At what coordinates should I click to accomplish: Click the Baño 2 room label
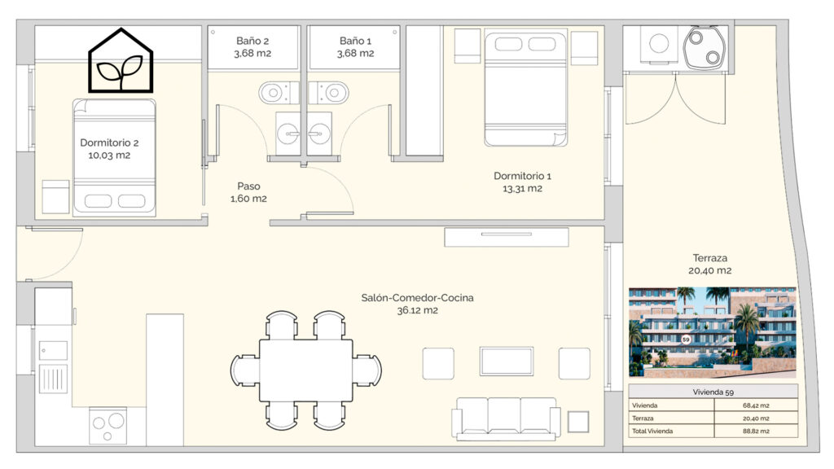pos(252,46)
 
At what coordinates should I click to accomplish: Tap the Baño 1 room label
pos(355,46)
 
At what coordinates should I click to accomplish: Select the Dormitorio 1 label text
pos(522,182)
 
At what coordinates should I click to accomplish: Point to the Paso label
pos(248,192)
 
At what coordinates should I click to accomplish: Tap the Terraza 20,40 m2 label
pos(709,264)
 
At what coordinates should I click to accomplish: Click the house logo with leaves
pos(121,60)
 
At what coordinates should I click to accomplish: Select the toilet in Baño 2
pos(279,93)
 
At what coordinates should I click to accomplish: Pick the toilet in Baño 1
pos(329,93)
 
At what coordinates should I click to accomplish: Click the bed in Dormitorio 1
pos(525,89)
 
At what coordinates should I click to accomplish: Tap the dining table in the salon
pos(306,370)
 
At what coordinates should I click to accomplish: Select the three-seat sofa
pos(506,419)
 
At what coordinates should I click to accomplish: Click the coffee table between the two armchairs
pos(507,362)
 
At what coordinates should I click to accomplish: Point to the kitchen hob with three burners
pos(108,426)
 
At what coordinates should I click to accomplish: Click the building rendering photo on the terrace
pos(712,332)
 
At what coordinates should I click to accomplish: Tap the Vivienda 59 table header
pos(713,392)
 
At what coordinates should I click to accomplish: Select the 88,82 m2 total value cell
pos(756,432)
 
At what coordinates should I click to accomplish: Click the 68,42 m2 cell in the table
pos(756,405)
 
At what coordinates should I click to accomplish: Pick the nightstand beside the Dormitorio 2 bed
pos(56,197)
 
